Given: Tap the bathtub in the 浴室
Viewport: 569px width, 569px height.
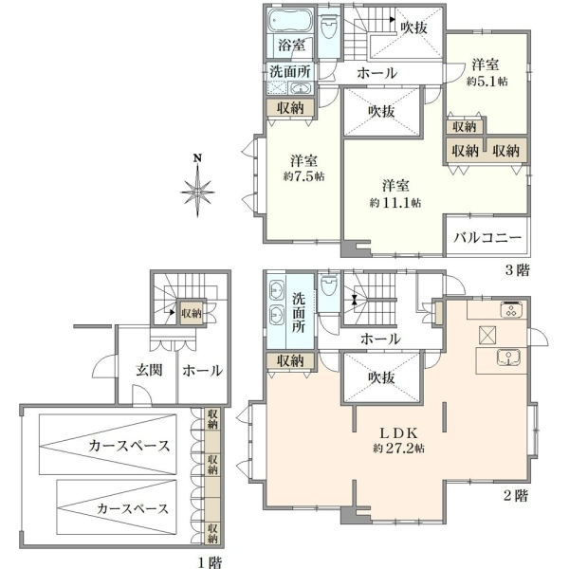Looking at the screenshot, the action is point(291,21).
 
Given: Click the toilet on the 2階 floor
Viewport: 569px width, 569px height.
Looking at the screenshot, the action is point(329,285).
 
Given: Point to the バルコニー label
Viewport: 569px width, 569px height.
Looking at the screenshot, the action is point(487,237).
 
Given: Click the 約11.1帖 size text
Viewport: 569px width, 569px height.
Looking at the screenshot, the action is point(395,203).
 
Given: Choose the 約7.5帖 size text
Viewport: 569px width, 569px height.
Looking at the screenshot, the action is point(303,176).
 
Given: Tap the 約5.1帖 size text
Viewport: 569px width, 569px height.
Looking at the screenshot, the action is point(486,82).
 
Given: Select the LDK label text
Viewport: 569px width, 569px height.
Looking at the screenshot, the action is point(399,433).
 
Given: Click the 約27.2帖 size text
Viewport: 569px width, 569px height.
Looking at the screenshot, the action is point(399,449).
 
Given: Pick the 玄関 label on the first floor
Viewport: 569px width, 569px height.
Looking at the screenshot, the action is point(149,370).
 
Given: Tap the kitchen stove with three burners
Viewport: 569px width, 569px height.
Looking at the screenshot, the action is point(512,309).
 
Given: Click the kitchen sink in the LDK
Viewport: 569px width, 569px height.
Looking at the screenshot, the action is point(508,358).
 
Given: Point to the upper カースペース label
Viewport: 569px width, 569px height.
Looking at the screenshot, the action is point(129,446).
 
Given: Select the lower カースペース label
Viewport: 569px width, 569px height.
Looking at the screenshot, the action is point(133,508).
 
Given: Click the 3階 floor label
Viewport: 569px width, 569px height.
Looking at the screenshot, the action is point(518,270).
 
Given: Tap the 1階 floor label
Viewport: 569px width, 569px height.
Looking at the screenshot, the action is point(210,562).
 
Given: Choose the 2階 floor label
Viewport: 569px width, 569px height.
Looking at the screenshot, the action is point(516,495).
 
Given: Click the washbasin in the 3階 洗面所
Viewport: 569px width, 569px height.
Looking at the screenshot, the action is point(301,88).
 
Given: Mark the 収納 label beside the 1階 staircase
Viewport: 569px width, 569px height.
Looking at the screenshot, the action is point(192,313).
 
